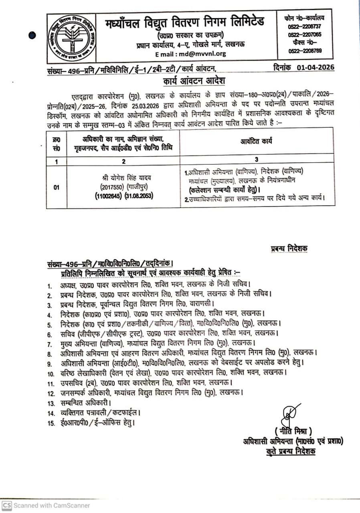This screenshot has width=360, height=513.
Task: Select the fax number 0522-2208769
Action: click(304, 51)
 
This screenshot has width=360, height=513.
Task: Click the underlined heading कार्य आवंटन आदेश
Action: click(194, 81)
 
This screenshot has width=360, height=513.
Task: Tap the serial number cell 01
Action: click(56, 187)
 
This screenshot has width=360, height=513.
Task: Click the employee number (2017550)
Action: click(108, 187)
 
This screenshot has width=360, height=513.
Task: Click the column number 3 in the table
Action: click(257, 159)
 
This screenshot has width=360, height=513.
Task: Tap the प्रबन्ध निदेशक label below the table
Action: click(289, 249)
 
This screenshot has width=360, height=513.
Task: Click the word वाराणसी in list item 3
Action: click(201, 304)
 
